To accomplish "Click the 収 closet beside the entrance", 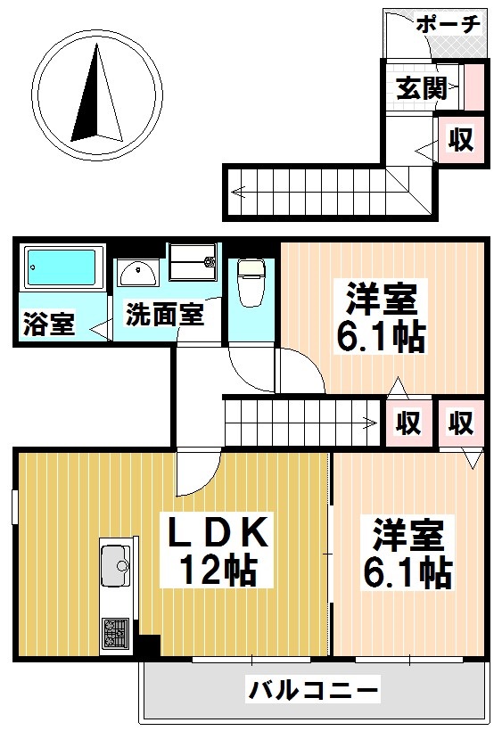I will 460,140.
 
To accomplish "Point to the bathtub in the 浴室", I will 61,268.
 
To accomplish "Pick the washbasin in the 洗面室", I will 138,271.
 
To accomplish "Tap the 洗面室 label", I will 164,314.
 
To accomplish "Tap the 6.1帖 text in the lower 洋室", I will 406,571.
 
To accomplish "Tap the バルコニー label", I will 314,689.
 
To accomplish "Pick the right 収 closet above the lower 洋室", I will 460,422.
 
